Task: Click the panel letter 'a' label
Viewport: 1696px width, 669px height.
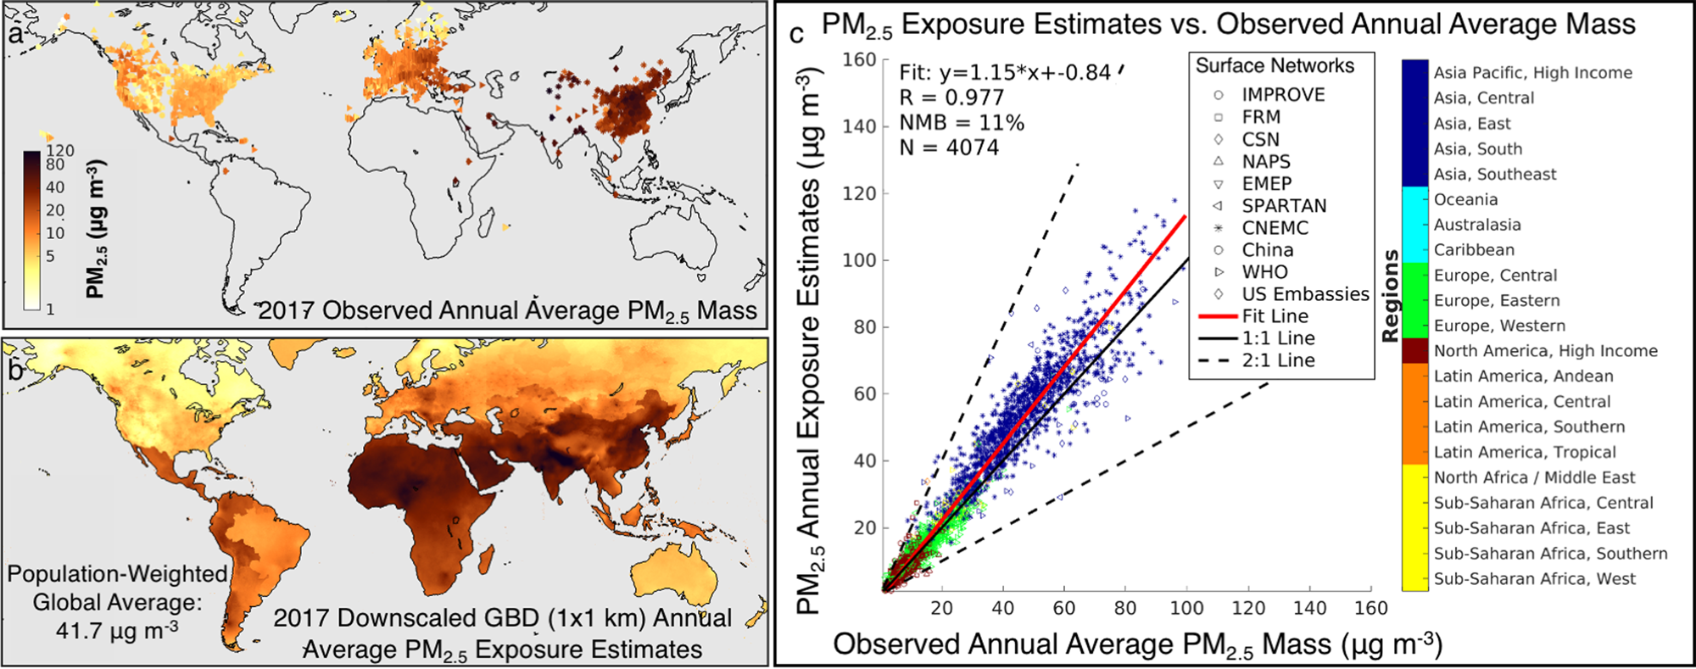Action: point(14,34)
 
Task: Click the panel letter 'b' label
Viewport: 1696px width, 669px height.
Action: point(15,371)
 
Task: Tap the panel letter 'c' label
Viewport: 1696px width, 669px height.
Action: point(796,35)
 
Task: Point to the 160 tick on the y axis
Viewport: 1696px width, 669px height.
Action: point(859,59)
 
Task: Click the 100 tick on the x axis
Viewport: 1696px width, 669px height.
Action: point(1186,608)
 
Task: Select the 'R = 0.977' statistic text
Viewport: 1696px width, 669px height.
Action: point(951,98)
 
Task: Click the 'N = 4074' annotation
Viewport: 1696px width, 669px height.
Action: point(949,148)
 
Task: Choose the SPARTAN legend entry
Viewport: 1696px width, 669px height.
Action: point(1284,206)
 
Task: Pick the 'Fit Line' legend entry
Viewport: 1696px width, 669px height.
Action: point(1275,316)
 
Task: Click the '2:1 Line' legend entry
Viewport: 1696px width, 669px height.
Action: point(1278,360)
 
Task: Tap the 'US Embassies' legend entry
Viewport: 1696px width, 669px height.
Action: point(1305,294)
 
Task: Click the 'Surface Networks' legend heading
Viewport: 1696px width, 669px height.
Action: point(1275,66)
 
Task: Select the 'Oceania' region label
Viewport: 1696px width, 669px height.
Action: point(1465,199)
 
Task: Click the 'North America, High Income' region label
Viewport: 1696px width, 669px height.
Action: point(1545,351)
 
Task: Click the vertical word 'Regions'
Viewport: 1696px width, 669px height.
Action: point(1390,296)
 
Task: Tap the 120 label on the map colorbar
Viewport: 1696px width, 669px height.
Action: point(60,151)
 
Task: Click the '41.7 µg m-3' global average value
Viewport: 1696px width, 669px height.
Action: point(117,631)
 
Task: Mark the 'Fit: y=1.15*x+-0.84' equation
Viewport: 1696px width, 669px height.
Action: point(1005,73)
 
